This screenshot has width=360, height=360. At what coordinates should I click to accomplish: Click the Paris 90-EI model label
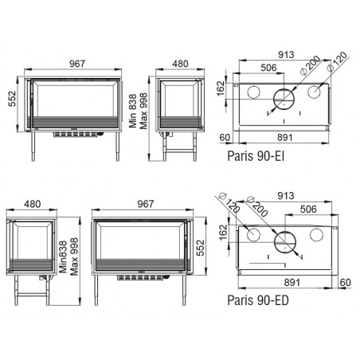pyautogui.click(x=256, y=155)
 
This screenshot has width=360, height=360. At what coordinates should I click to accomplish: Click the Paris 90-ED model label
pyautogui.click(x=258, y=300)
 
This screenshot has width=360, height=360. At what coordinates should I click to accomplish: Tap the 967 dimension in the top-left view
pyautogui.click(x=77, y=64)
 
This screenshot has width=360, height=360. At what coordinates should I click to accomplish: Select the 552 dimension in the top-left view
pyautogui.click(x=12, y=99)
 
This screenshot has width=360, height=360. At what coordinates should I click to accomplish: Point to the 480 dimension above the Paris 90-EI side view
pyautogui.click(x=180, y=64)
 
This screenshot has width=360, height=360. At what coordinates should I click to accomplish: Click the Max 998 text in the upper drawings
pyautogui.click(x=143, y=111)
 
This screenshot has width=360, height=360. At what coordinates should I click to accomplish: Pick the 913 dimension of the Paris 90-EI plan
pyautogui.click(x=286, y=55)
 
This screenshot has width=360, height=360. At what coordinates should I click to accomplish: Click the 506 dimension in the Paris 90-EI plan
pyautogui.click(x=268, y=68)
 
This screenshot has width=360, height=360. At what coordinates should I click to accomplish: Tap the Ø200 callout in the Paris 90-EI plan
pyautogui.click(x=310, y=65)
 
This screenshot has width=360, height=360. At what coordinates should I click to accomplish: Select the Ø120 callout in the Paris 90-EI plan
pyautogui.click(x=337, y=61)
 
